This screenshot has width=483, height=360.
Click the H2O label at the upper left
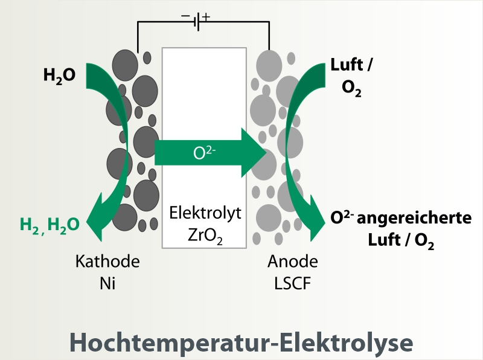pyautogui.click(x=59, y=76)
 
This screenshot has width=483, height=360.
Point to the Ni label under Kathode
pyautogui.click(x=107, y=282)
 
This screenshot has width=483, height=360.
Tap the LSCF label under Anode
pyautogui.click(x=292, y=282)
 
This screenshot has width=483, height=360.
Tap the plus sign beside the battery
pyautogui.click(x=207, y=16)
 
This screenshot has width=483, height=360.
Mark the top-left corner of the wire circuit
pyautogui.click(x=138, y=22)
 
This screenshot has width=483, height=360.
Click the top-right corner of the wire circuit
pyautogui.click(x=268, y=22)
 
